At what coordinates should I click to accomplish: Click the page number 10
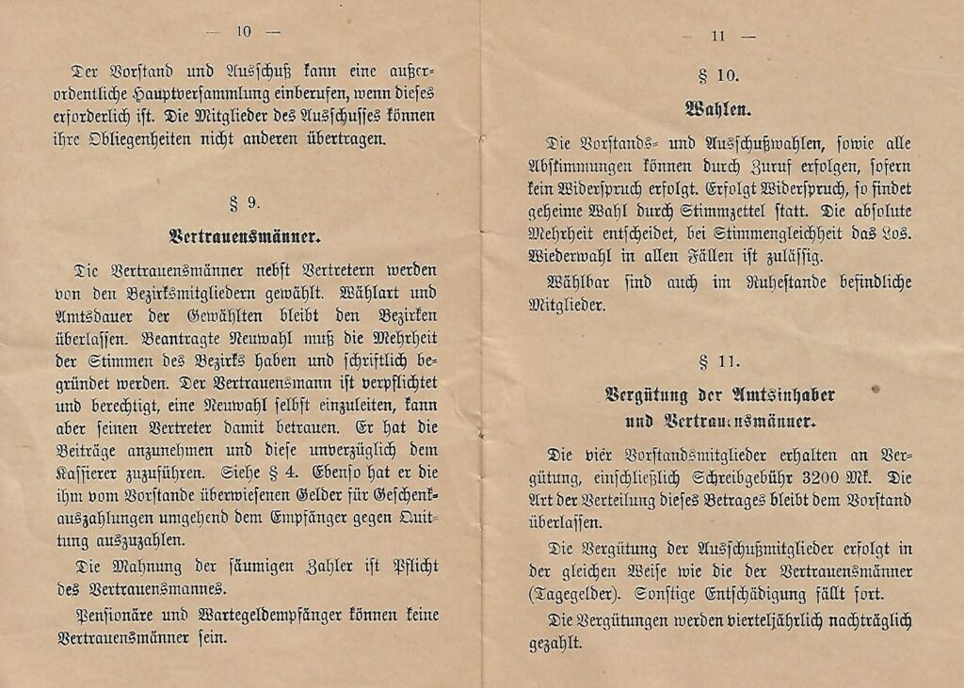pyautogui.click(x=244, y=31)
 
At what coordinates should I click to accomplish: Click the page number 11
pyautogui.click(x=718, y=37)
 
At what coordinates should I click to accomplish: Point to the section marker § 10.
pyautogui.click(x=719, y=76)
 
